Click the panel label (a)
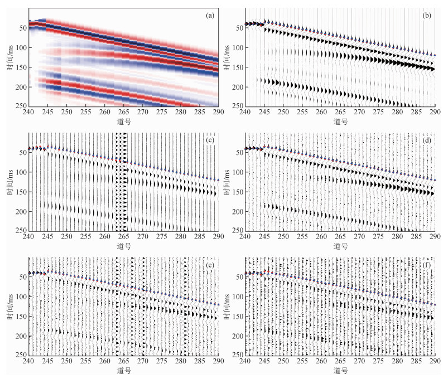[x=210, y=16]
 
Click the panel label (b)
[x=427, y=16]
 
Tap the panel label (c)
[x=210, y=140]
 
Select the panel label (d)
[x=427, y=140]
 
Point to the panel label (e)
[x=210, y=265]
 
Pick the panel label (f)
[x=427, y=265]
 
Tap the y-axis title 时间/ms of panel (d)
[x=228, y=181]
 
